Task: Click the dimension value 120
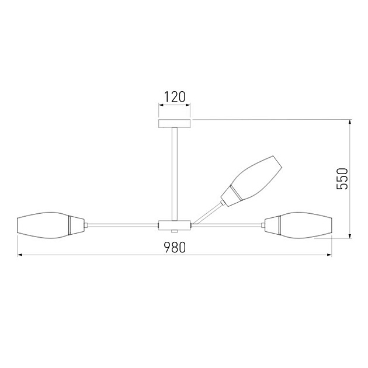coord(175,97)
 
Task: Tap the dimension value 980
coord(175,247)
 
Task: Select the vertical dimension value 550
coord(342,179)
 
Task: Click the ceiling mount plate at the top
coord(175,123)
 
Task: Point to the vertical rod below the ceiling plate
coord(175,174)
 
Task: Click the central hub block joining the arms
coord(175,225)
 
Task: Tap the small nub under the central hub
coord(175,231)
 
